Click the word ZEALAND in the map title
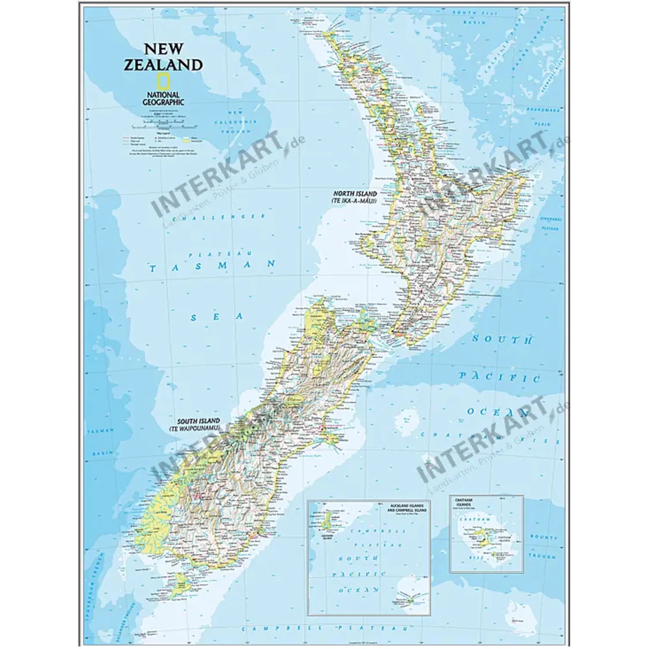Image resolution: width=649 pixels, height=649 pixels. coord(163,65)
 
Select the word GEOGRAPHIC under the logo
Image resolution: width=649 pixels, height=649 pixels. coord(163,102)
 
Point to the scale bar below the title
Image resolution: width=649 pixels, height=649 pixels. coord(164,127)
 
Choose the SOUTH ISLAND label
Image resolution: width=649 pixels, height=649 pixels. coord(198,421)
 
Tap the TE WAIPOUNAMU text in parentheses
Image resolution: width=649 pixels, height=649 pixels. coord(194,428)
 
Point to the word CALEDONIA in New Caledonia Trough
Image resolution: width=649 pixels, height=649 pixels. coord(236,122)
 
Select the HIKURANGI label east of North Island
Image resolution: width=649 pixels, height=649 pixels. coord(551,219)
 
